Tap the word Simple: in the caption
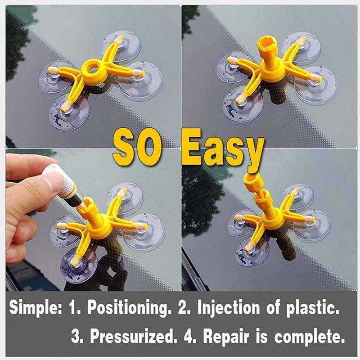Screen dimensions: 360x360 pyautogui.click(x=36, y=310)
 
